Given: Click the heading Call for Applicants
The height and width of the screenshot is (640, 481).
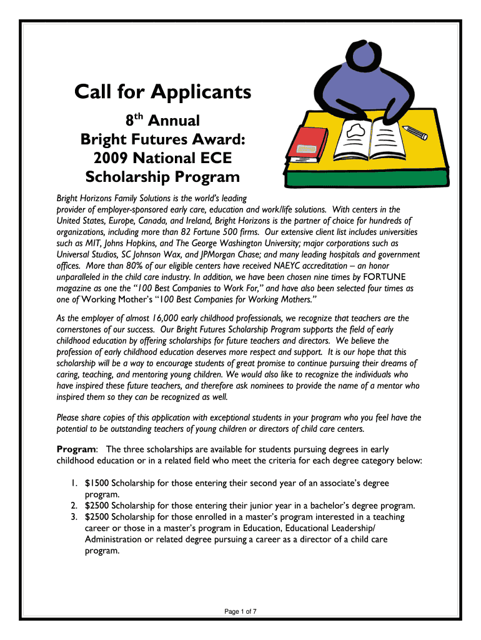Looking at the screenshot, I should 163,92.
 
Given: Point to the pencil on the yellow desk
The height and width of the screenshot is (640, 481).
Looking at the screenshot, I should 415,131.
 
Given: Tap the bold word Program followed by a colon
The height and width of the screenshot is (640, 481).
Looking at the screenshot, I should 76,450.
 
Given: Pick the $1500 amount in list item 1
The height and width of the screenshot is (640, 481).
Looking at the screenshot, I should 97,484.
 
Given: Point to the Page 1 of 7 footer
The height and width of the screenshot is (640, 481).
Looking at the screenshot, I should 241,612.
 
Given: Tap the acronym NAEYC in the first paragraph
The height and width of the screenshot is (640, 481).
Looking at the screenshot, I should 269,266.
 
